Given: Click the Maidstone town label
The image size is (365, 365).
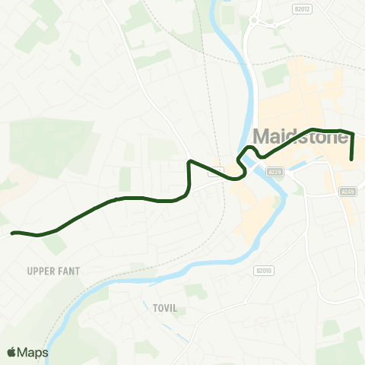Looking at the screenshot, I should [300, 138].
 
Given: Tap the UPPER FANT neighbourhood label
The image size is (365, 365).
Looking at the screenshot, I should [53, 271].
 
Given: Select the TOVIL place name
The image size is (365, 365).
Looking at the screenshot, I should [154, 306].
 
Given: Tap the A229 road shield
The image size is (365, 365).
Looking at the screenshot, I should [275, 173].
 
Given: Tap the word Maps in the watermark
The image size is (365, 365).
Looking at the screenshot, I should [33, 352].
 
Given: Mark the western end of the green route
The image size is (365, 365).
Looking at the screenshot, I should [12, 233].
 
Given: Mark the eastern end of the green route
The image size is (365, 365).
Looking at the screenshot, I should [352, 159].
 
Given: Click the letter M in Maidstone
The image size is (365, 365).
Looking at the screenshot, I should [260, 138].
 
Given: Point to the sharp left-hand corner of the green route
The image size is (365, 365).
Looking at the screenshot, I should [189, 162].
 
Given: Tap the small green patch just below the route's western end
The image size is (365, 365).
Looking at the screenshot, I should [56, 245].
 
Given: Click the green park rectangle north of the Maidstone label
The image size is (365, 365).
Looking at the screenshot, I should [276, 75].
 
